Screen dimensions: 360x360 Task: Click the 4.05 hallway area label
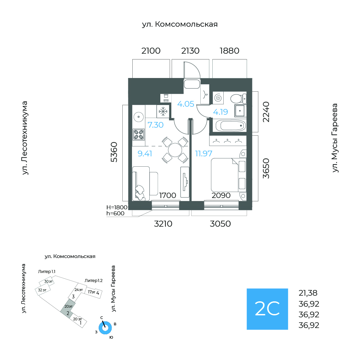coord(186,104)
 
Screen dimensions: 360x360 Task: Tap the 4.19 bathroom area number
coord(220,112)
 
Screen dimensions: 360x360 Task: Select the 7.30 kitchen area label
coord(155,125)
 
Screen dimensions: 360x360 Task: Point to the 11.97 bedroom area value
coord(204,153)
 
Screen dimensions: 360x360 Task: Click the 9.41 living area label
coord(145,153)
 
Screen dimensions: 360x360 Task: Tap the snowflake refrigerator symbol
coord(163,112)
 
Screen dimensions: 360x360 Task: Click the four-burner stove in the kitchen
coord(139,135)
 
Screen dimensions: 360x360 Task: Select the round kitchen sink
coord(139,117)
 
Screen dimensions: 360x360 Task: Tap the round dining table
coord(175,150)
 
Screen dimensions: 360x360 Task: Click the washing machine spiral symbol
coord(218,98)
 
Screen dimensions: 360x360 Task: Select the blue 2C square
coord(267,309)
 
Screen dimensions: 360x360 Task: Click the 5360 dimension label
coord(114,152)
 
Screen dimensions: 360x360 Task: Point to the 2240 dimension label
coord(266,112)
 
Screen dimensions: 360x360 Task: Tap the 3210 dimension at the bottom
coord(163,224)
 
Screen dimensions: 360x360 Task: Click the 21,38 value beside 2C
coord(308,293)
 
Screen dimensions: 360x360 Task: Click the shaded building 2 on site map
coord(67,309)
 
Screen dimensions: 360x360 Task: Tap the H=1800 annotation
coord(117,207)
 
